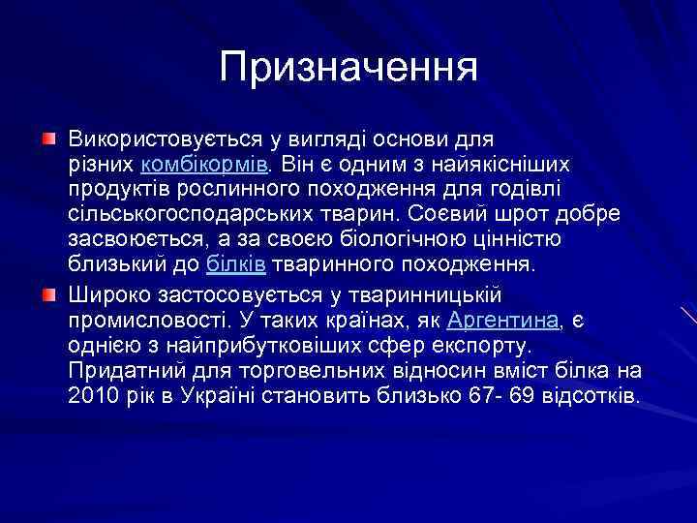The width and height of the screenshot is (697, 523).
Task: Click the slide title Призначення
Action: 348,68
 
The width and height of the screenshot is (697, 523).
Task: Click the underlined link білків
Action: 237,264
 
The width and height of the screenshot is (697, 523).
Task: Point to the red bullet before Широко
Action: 47,293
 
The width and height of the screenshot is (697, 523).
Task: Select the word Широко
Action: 105,293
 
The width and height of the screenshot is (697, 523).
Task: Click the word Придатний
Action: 121,371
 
